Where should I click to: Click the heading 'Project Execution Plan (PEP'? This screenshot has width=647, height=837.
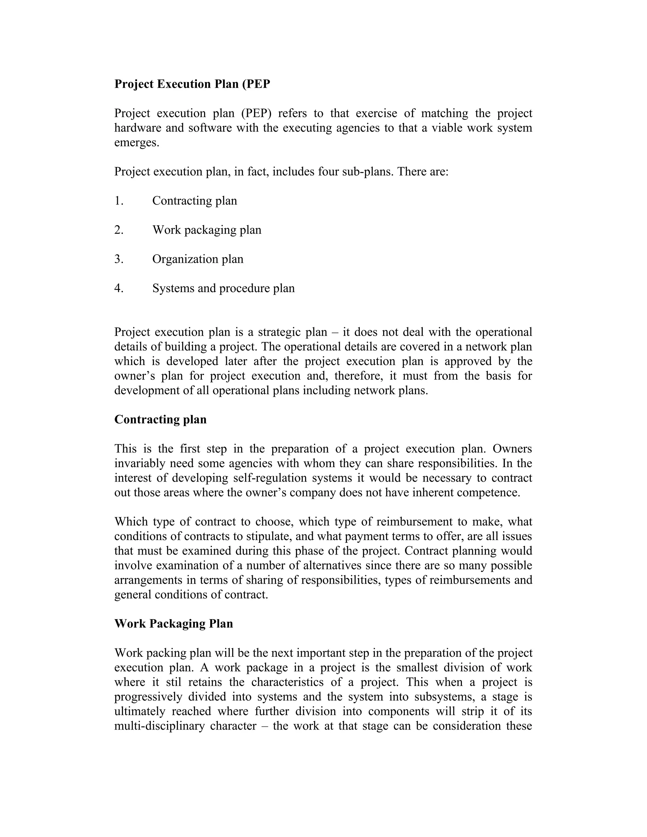[x=192, y=84]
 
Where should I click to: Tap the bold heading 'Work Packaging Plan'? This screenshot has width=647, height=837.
[x=174, y=623]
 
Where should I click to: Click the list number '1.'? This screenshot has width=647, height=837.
[x=119, y=201]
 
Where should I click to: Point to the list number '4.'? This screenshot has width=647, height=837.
[x=119, y=288]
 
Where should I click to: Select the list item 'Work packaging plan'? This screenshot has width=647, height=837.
[x=207, y=230]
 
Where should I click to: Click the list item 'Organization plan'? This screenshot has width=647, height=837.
[x=198, y=259]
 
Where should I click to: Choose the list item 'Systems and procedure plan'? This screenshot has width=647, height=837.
[x=223, y=288]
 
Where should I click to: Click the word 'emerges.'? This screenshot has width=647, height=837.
[x=136, y=142]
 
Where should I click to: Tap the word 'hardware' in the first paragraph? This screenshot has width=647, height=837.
[x=137, y=128]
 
